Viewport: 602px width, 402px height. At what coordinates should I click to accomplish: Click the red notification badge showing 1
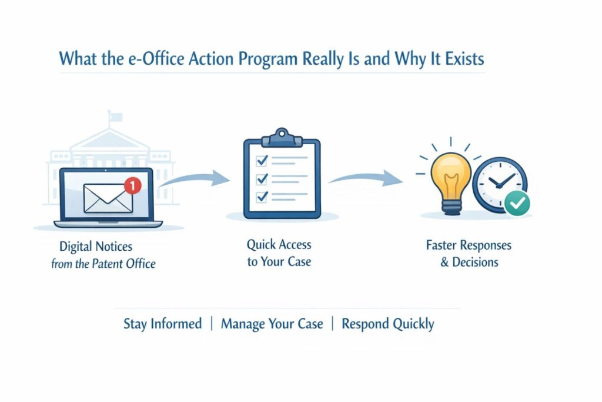pos(133,186)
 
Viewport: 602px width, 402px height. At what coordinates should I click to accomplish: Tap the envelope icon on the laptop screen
pos(108,198)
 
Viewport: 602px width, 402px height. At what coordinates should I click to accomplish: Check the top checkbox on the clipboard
pos(263,160)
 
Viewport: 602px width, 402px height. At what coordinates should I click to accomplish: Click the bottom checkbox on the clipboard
pos(263,195)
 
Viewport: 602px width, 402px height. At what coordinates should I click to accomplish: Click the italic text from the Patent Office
pos(103,264)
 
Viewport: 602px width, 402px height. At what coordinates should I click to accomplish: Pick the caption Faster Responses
pos(469,245)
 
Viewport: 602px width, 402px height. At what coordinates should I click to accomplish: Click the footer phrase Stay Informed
pos(162,324)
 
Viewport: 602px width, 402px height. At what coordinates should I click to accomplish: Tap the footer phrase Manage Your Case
pos(272,324)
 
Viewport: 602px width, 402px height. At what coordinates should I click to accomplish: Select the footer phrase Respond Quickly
pos(387,324)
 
